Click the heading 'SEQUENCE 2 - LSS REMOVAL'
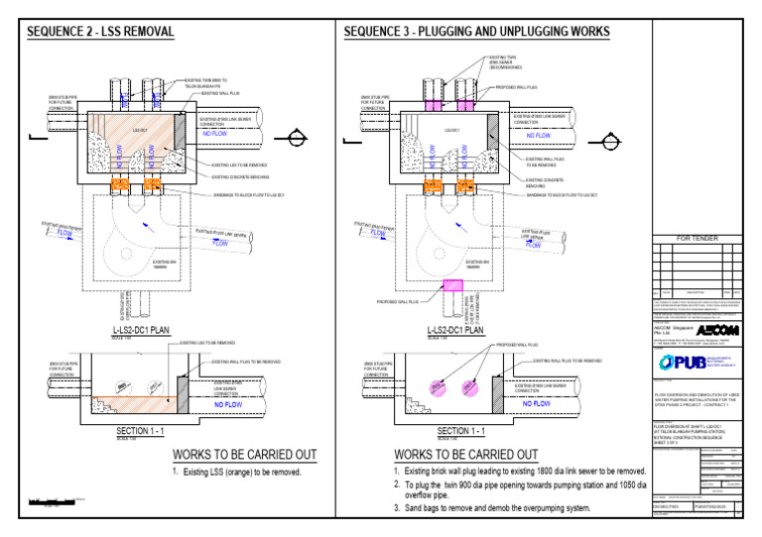click(x=100, y=32)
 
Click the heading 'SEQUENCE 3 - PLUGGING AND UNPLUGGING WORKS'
click(x=476, y=32)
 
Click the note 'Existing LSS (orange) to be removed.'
click(x=240, y=472)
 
